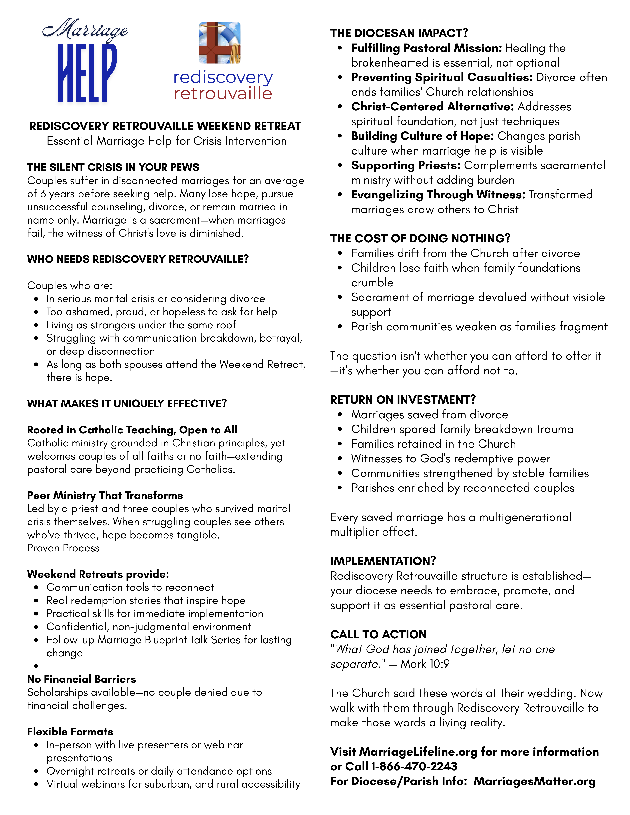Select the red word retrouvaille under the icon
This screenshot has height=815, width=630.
223,94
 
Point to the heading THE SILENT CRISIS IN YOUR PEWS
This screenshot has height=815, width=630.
113,167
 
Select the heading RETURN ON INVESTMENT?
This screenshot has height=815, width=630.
403,400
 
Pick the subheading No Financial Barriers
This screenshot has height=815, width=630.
81,679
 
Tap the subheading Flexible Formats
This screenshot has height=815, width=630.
70,731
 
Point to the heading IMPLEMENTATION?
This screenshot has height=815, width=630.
383,561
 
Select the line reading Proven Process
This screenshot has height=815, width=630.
63,548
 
